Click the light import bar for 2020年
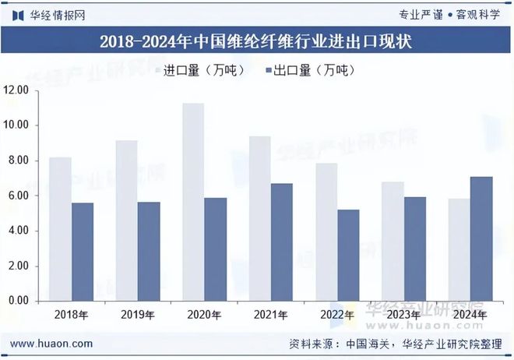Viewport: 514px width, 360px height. pyautogui.click(x=193, y=202)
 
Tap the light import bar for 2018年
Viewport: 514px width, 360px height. pyautogui.click(x=60, y=229)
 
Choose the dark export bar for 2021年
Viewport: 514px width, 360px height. pyautogui.click(x=282, y=242)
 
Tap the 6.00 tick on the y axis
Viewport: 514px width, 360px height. pyautogui.click(x=17, y=196)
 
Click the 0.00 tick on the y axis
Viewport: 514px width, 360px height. pyautogui.click(x=17, y=301)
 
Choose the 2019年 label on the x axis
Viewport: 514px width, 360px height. pyautogui.click(x=138, y=315)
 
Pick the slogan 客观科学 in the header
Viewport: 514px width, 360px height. pyautogui.click(x=481, y=15)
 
